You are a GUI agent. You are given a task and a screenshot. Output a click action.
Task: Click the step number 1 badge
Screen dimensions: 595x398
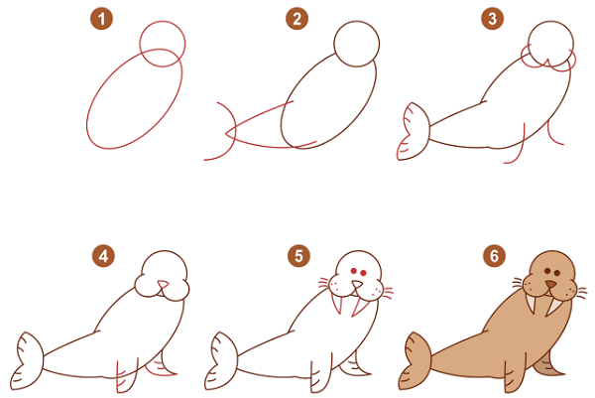pos(102,19)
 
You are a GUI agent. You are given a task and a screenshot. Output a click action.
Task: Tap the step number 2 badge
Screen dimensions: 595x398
pos(297,19)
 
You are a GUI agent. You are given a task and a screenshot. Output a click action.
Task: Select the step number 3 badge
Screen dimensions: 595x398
pos(493,19)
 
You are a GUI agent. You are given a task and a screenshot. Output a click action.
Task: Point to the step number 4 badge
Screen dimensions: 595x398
pos(103,256)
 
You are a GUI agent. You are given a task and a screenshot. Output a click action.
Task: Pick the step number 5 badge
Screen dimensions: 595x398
pos(299,256)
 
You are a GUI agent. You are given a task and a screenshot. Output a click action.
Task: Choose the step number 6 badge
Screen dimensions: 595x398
pos(494,256)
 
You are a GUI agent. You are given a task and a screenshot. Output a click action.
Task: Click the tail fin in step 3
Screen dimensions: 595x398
pos(414,131)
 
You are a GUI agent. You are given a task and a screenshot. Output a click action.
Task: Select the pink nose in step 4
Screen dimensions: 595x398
pos(163,284)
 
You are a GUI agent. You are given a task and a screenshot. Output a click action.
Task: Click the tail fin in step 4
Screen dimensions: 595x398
pos(28,361)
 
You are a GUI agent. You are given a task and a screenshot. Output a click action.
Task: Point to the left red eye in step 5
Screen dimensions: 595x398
pos(354,271)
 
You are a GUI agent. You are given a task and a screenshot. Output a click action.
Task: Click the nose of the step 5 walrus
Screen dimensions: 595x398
pos(357,285)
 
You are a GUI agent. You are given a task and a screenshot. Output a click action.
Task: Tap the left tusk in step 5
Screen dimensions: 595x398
pos(337,304)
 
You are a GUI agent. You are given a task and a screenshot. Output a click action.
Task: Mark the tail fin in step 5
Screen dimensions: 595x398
pos(221,361)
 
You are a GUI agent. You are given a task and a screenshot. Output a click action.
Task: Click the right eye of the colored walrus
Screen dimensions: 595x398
pos(557,273)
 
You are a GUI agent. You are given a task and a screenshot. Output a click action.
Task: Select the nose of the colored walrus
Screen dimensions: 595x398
pos(550,285)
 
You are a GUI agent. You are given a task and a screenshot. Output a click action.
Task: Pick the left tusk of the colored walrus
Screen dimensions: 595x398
pos(531,304)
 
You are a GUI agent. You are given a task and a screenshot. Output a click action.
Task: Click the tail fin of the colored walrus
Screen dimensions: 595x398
pos(416,361)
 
